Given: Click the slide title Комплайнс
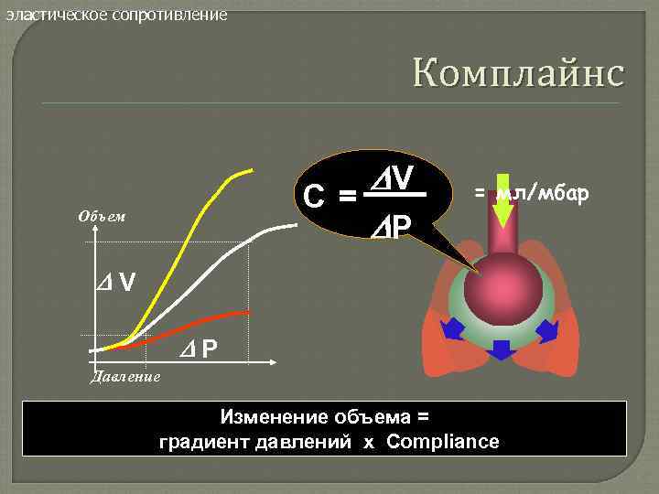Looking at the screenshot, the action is click(517, 71).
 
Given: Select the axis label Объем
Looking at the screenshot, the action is click(102, 217).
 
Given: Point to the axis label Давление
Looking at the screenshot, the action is click(125, 375).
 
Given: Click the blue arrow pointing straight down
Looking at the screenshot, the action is click(501, 350).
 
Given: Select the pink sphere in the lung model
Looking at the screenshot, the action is click(502, 285).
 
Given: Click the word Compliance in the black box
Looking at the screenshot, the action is click(443, 442).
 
